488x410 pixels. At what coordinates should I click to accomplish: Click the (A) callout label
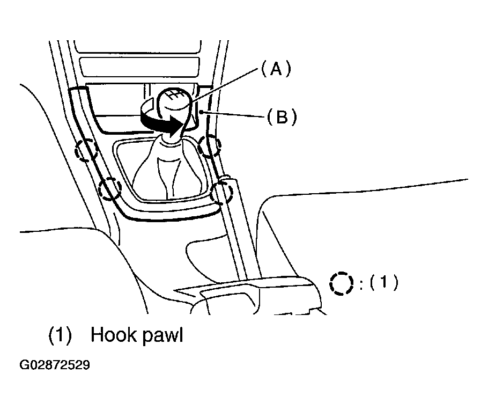click(276, 69)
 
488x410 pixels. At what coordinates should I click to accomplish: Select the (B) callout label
click(282, 118)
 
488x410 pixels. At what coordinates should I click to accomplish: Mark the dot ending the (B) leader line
click(203, 112)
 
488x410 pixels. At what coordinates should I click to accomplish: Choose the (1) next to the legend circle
click(384, 282)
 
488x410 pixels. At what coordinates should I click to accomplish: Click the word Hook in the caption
click(114, 335)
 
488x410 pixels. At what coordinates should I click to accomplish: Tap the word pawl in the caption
click(163, 336)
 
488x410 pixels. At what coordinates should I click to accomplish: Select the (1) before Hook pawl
click(60, 335)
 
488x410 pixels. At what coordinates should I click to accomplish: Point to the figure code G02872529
click(55, 365)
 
